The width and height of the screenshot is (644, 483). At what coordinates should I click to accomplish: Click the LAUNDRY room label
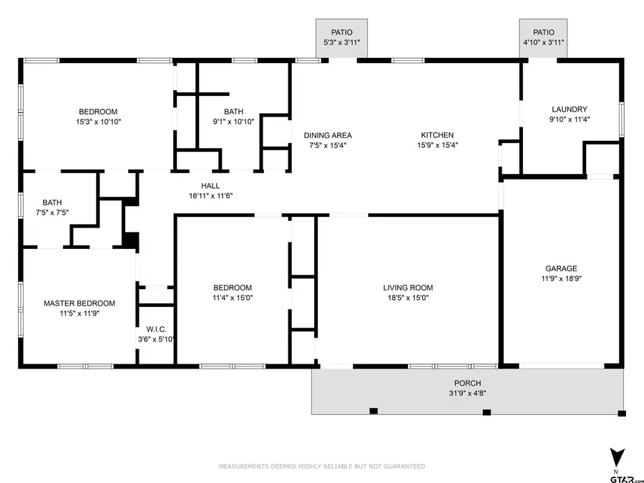[570, 109]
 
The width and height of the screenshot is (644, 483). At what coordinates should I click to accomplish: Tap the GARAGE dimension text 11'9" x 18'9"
[561, 279]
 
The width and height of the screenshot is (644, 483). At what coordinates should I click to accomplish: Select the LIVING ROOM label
[408, 288]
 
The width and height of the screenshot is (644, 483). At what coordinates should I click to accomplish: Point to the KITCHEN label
[436, 135]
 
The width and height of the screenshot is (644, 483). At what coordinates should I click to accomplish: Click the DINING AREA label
[328, 135]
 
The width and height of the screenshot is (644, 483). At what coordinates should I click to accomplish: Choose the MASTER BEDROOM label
[79, 303]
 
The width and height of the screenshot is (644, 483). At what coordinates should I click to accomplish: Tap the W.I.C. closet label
[156, 329]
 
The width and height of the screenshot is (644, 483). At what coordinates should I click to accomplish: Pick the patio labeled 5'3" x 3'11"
[341, 38]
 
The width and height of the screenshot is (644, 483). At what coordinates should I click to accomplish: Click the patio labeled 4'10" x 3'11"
[543, 38]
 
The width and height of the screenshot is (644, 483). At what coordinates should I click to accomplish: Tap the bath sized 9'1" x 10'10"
[233, 117]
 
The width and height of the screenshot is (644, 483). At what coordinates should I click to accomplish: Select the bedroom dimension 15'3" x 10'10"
[98, 122]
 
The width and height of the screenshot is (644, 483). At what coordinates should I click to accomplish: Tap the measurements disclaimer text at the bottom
[321, 467]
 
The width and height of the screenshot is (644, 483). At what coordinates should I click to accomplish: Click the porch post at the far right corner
[621, 413]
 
